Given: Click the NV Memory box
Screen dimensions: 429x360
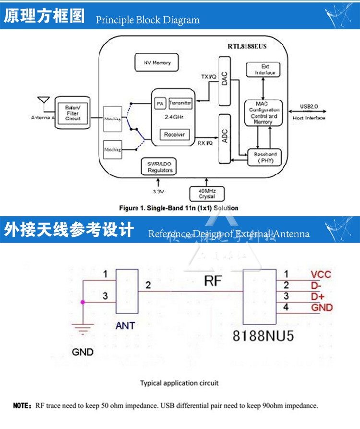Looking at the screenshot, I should (x=157, y=62).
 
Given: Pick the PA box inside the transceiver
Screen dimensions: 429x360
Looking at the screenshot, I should (x=159, y=103).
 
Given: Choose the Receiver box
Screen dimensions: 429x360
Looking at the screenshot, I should (x=174, y=135).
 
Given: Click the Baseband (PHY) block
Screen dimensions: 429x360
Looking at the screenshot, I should (x=264, y=157).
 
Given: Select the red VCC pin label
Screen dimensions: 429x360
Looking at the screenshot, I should (x=321, y=275).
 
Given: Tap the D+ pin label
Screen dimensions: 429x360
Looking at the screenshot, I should (x=317, y=297).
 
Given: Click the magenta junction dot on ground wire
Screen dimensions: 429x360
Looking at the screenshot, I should (x=83, y=302).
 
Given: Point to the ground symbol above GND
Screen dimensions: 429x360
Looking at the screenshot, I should (x=83, y=330).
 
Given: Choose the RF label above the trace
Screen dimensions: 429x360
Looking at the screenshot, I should (x=213, y=281).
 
